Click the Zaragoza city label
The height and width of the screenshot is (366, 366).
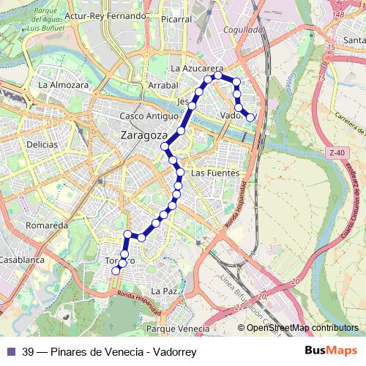(144, 136)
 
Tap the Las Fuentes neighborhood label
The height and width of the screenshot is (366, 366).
(214, 173)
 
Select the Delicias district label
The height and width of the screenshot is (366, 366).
(42, 144)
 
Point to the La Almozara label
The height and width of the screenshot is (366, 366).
(63, 85)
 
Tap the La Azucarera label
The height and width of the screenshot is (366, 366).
(196, 67)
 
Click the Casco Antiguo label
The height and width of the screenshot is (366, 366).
(149, 116)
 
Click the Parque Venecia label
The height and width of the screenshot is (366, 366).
(178, 329)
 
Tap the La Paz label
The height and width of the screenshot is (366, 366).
(166, 291)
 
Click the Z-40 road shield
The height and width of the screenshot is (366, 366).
(336, 152)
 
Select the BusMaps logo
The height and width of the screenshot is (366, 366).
(330, 351)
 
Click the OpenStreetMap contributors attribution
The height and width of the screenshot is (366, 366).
(302, 327)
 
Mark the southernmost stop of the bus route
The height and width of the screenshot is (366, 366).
(115, 271)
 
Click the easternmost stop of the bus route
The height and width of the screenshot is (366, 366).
(250, 117)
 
